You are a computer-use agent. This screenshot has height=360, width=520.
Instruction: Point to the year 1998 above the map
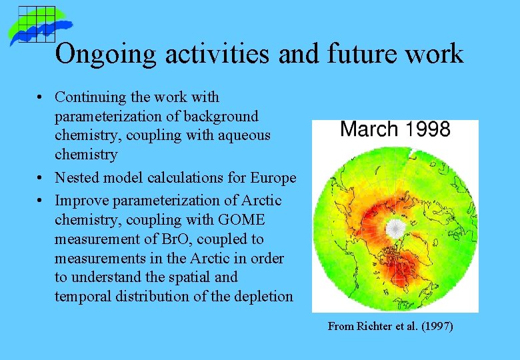[x=428, y=129]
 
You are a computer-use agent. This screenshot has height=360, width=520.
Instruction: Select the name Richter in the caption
[x=373, y=327]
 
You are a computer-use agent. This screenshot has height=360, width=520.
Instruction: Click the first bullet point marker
[x=41, y=98]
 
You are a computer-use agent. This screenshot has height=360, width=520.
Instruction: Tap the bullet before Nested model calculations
[x=41, y=179]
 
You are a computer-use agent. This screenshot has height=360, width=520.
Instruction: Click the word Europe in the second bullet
[x=273, y=178]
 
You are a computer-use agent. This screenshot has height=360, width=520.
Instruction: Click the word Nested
[x=76, y=178]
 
